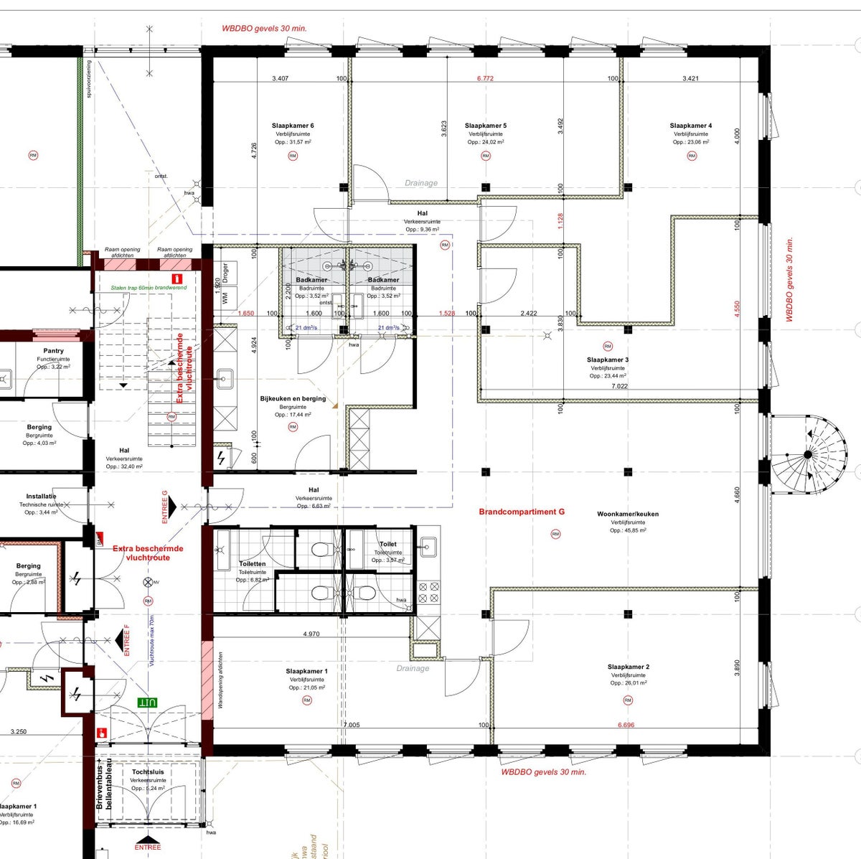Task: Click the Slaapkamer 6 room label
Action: [293, 126]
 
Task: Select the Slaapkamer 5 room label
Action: [486, 126]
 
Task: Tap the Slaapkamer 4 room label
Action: [691, 126]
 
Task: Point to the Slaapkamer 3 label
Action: [608, 360]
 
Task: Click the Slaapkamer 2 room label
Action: [628, 667]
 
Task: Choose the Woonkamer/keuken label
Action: [628, 514]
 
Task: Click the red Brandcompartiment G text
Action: [522, 512]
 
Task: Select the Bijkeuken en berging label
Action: [293, 398]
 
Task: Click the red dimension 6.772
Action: [486, 78]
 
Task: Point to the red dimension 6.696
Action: [626, 725]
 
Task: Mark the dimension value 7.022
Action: [619, 386]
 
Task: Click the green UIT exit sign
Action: [147, 702]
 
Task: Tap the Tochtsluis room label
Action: [148, 772]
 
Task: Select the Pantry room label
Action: [53, 351]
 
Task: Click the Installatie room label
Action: [41, 496]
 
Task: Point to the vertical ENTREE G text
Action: [164, 507]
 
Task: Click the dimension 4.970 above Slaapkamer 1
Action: [311, 634]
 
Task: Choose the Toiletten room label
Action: [252, 564]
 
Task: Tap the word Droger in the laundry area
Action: [225, 273]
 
